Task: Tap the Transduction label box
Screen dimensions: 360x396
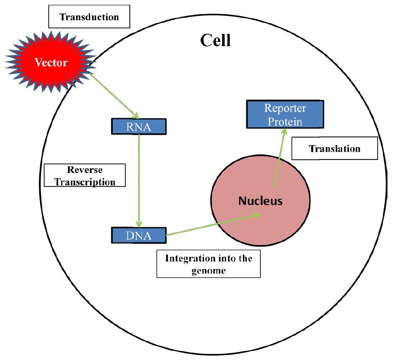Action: [x=89, y=17]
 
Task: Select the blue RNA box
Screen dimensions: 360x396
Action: [x=138, y=126]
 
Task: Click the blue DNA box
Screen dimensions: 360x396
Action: [x=138, y=235]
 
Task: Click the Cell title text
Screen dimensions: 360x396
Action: [x=216, y=41]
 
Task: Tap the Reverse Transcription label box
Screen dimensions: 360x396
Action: [x=85, y=175]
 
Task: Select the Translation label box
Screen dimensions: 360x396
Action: [x=334, y=148]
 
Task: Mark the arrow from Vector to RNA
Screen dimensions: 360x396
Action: [x=113, y=94]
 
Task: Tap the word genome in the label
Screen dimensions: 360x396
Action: [x=208, y=271]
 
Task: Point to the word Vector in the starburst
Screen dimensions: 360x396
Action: [x=51, y=62]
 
